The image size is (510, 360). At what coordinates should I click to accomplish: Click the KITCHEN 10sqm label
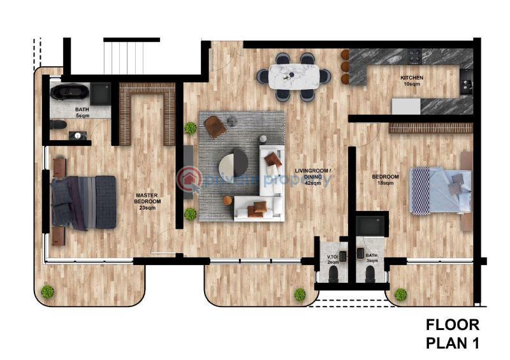411,81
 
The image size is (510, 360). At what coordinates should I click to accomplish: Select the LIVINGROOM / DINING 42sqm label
312,176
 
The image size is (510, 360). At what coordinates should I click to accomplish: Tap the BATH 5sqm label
82,113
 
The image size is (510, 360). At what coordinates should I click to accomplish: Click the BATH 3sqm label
372,257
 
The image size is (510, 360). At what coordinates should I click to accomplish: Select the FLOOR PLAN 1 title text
452,334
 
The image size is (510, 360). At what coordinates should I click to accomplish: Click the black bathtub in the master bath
68,93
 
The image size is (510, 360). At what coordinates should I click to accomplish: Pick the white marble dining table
294,76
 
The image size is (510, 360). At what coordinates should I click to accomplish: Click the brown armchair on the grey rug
215,126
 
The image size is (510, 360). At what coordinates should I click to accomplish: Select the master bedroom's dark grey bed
84,202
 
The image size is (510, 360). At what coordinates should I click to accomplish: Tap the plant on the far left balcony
47,292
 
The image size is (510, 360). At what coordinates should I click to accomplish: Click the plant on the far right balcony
400,294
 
